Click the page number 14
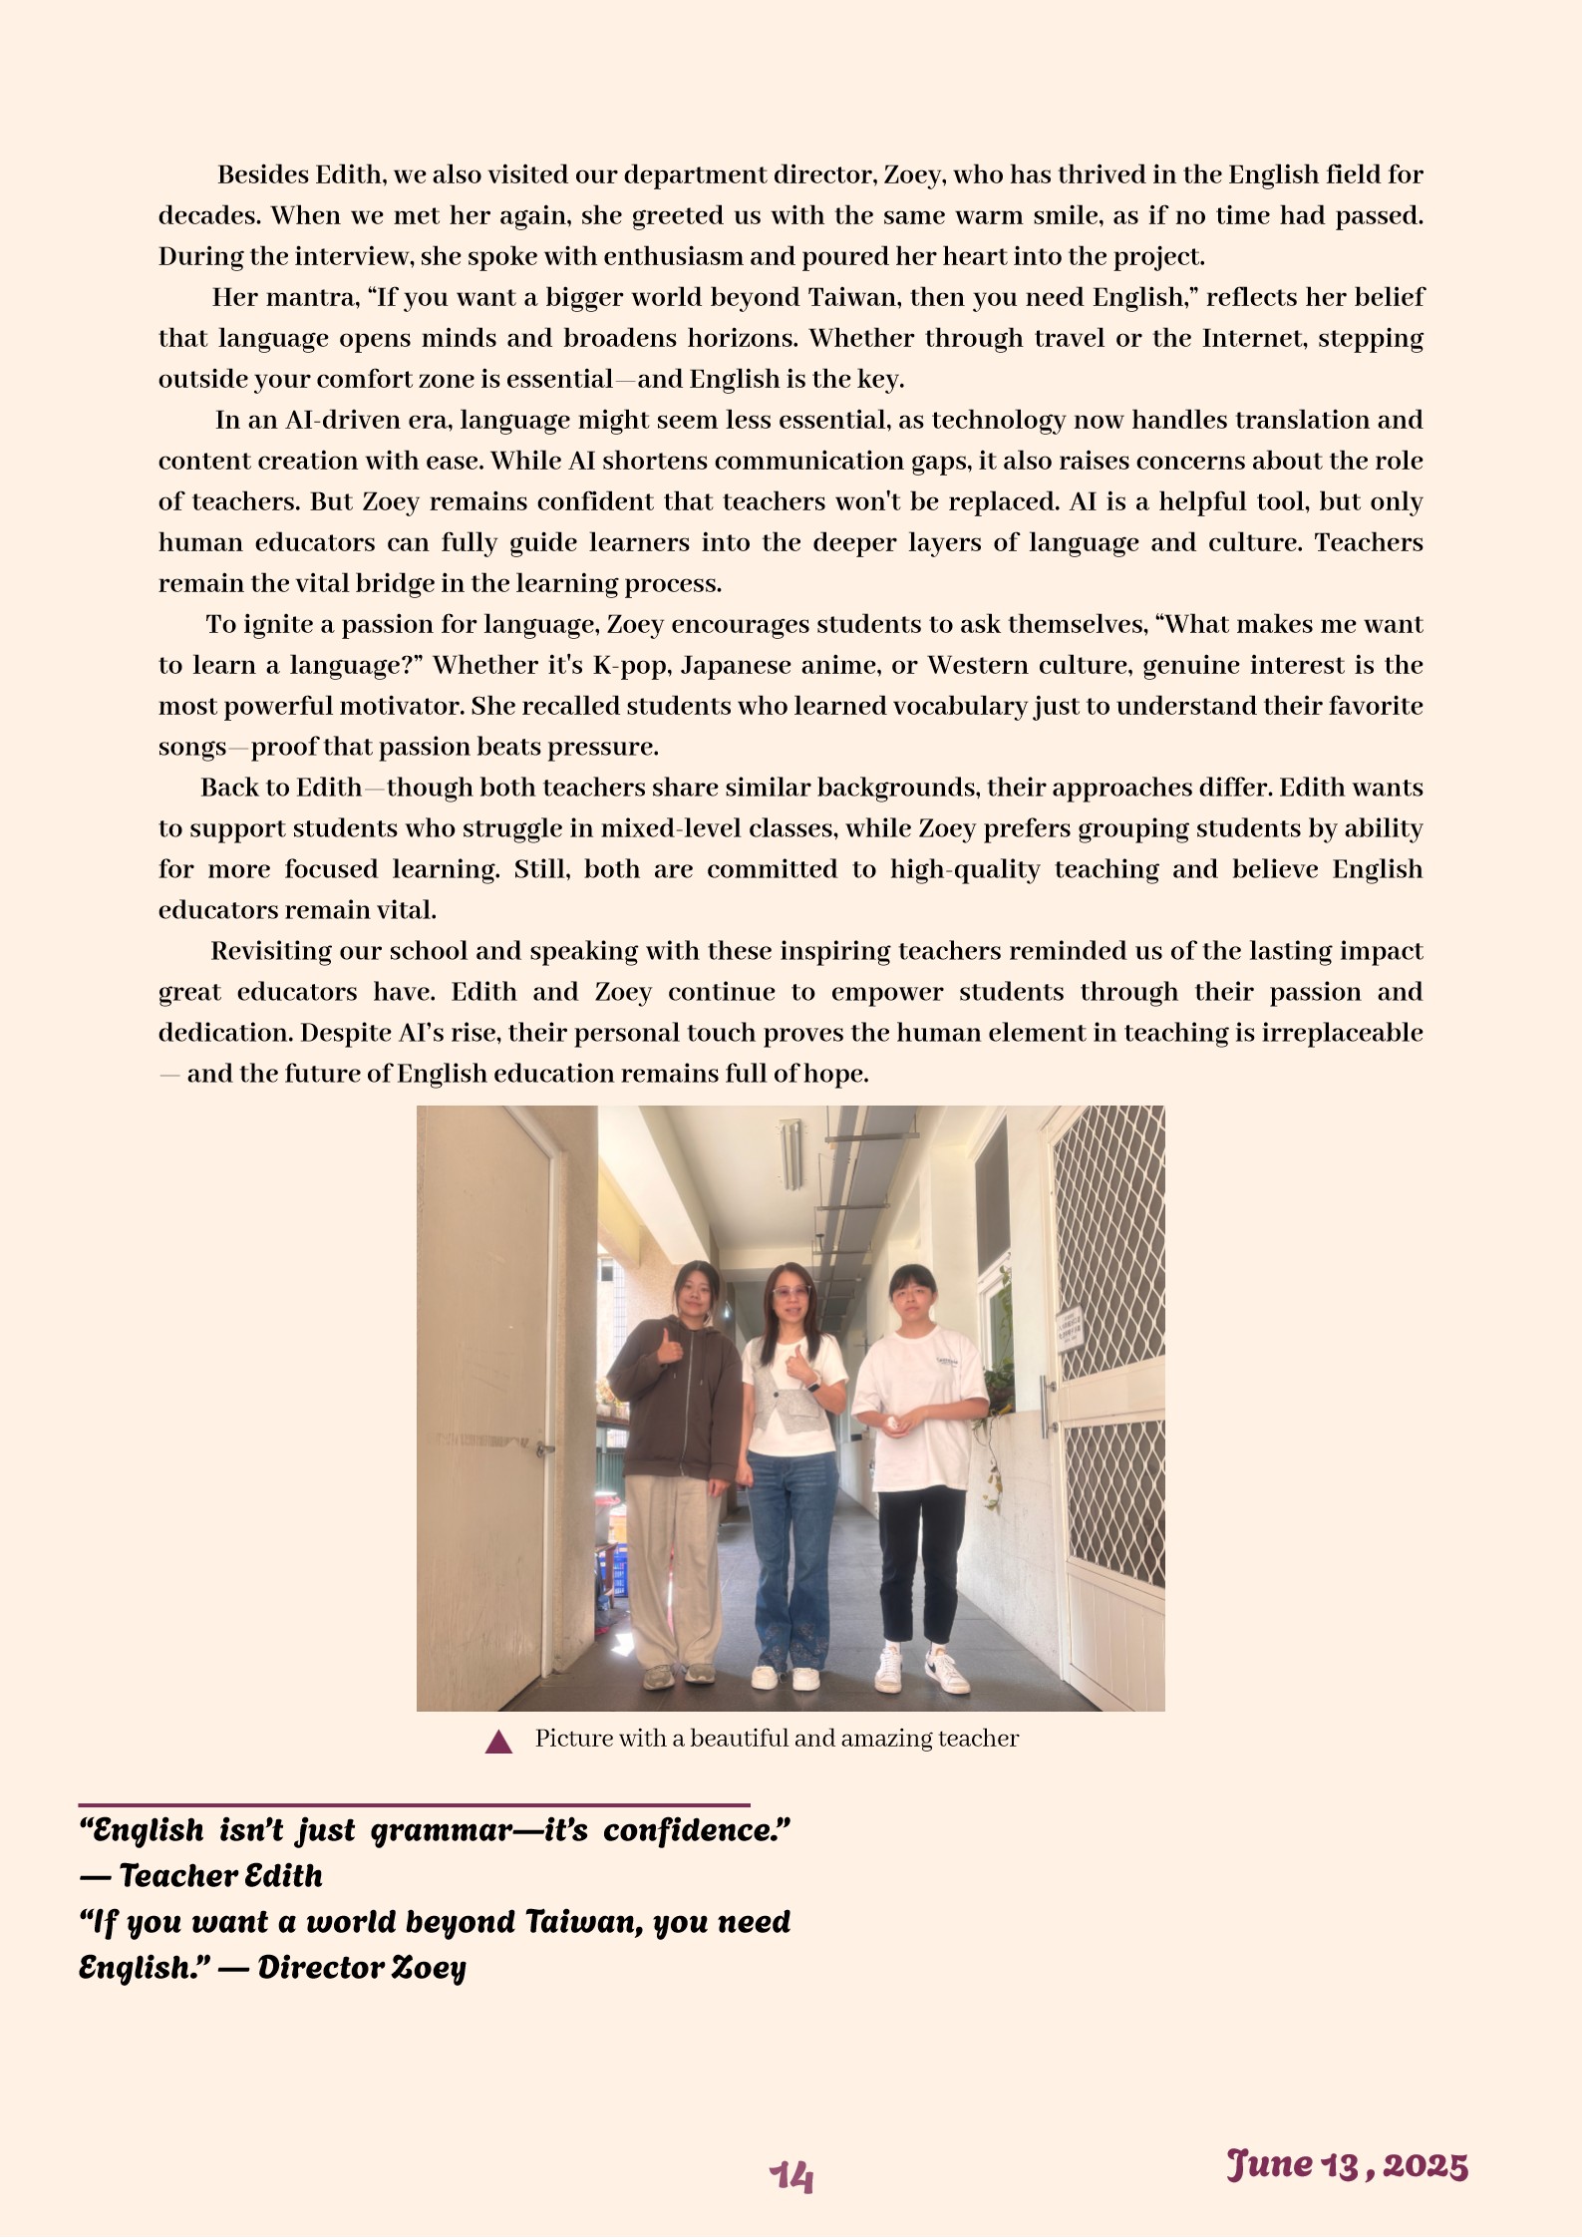coord(791,2176)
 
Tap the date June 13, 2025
coord(1347,2165)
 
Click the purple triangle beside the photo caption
coord(498,1743)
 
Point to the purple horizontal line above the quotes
coord(414,1804)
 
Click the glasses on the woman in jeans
coord(791,1292)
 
